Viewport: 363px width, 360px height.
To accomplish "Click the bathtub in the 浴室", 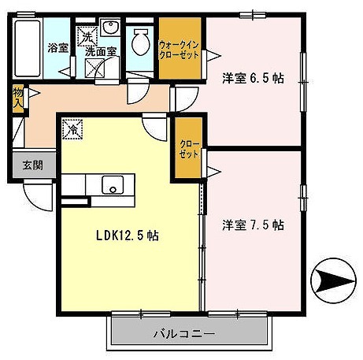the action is (28, 49).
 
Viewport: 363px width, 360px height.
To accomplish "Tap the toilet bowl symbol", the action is (141, 42).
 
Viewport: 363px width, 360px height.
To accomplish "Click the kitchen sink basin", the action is (113, 185).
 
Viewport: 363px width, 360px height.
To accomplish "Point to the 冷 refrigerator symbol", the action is (72, 129).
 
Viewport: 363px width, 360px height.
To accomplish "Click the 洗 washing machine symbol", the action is (87, 37).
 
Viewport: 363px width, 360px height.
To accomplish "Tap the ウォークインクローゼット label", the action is (180, 50).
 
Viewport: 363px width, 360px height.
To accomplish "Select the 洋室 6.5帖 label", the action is (253, 78).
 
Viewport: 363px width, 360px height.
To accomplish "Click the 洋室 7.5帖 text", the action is (253, 225).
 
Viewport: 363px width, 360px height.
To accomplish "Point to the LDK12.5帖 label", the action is (128, 236).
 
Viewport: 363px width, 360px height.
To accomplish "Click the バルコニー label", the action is (184, 334).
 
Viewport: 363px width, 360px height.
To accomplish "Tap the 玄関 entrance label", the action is (32, 165).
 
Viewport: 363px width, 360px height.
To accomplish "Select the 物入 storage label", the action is (18, 97).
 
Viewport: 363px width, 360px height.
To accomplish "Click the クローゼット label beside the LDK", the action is (189, 149).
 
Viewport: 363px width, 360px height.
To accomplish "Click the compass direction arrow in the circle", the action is (335, 280).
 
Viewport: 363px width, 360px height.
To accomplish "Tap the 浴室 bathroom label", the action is (58, 48).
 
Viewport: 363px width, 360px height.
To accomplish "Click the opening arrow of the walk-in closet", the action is (214, 56).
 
